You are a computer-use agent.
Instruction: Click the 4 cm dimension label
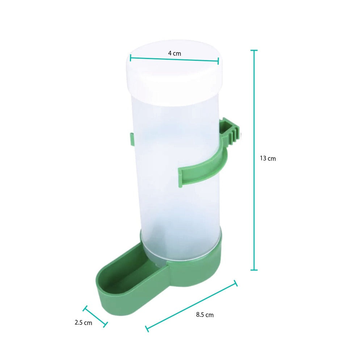point(174,53)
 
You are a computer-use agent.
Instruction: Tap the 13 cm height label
point(268,158)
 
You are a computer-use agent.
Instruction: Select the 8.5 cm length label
point(205,315)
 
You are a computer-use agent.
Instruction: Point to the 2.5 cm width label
point(83,323)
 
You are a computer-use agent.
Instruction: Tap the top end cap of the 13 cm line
point(254,50)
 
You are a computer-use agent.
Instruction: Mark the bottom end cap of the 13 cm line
point(254,270)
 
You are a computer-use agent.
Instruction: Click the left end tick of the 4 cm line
point(130,58)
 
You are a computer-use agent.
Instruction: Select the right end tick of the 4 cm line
point(219,61)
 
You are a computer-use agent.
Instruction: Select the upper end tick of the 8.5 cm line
point(236,283)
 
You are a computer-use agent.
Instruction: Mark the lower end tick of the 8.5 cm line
point(147,328)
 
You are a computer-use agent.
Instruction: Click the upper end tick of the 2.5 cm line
point(85,308)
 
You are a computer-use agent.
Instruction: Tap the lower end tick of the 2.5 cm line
point(106,324)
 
